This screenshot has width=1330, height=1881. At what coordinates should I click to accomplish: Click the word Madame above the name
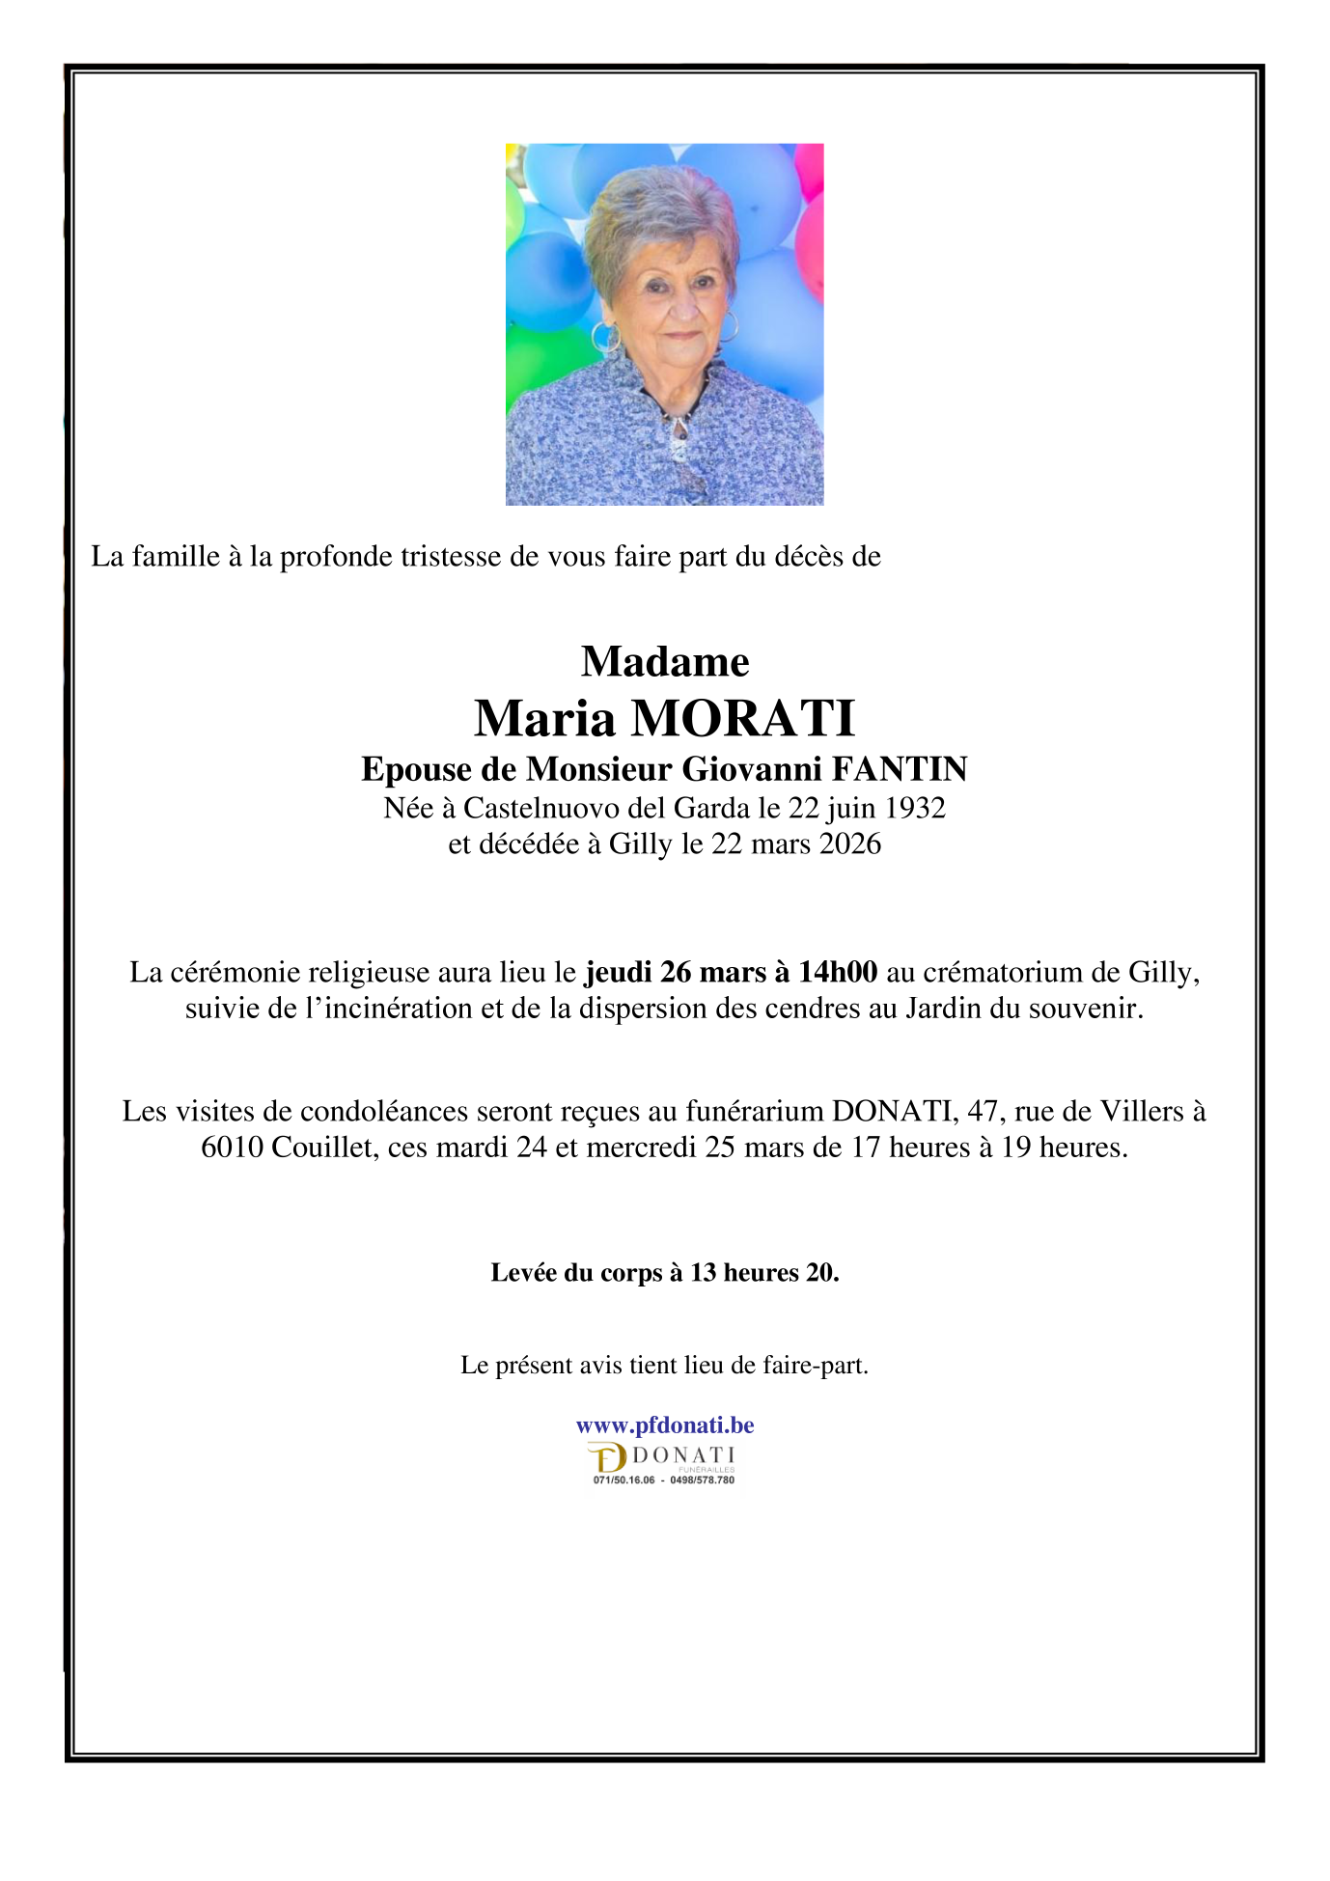point(664,662)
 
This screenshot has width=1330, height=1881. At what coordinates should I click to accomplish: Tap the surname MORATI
point(742,718)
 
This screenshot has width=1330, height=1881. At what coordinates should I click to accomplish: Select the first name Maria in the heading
point(544,718)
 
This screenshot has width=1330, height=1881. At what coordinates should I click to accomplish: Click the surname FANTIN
point(900,769)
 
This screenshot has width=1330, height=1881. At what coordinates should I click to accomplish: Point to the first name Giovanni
point(752,769)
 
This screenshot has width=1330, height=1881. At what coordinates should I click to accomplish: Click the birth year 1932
point(915,807)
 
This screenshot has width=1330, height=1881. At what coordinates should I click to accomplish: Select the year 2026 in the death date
point(849,844)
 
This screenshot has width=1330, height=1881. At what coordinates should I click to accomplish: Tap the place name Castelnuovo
point(541,807)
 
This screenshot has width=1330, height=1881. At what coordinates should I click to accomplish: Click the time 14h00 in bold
point(838,972)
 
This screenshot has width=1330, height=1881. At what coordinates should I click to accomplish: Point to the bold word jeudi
point(620,972)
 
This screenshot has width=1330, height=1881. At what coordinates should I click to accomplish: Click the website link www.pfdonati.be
point(664,1425)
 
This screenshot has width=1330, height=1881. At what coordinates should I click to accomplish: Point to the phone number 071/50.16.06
point(623,1480)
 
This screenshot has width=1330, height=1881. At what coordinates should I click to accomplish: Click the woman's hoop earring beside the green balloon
point(606,337)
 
